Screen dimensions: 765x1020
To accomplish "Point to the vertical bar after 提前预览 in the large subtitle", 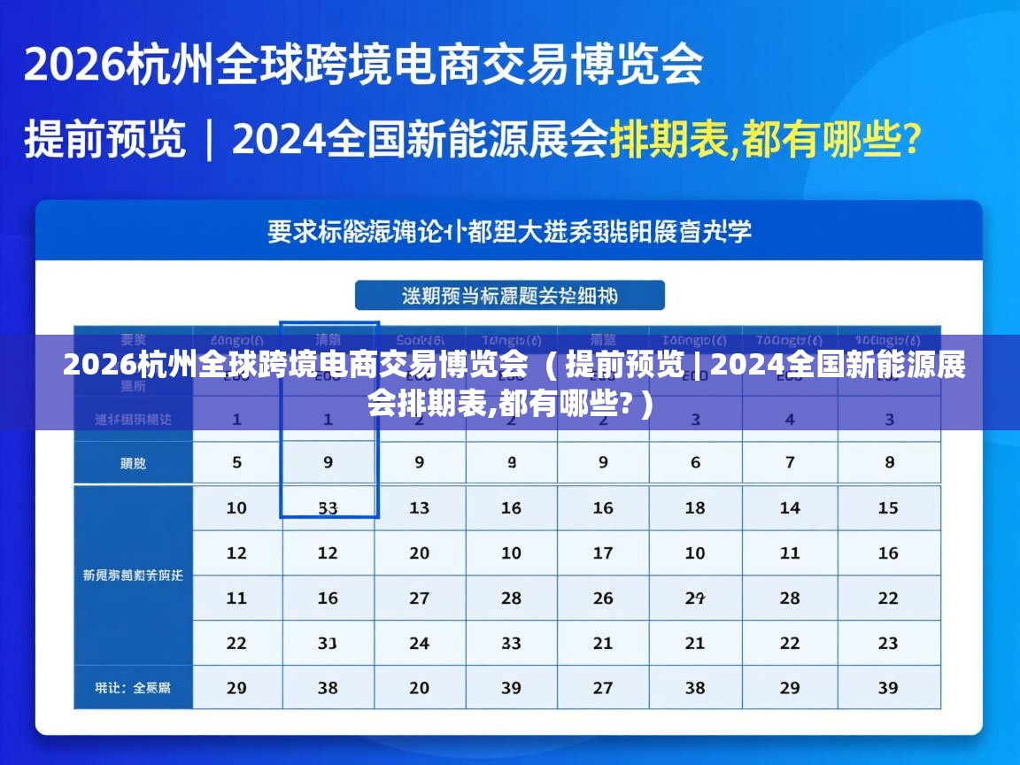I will coord(209,140).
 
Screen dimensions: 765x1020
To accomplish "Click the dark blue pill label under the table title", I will coord(509,296).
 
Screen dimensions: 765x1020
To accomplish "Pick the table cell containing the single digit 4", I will coord(790,419).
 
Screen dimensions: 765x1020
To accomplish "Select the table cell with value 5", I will coord(236,462).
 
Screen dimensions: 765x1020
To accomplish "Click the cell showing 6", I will coord(695,462).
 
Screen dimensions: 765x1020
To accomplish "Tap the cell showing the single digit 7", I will coord(790,462).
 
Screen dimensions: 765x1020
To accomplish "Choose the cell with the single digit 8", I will coord(889,462).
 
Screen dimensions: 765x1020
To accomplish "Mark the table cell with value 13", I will coord(420,508).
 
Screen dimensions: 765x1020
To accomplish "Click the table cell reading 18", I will coord(695,508).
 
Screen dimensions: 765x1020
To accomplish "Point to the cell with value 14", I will coord(790,508).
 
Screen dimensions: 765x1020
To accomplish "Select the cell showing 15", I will coord(889,508).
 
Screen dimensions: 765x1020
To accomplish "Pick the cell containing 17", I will coord(603,553).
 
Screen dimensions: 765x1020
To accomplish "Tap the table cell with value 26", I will coord(603,599).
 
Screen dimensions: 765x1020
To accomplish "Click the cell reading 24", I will coord(420,644).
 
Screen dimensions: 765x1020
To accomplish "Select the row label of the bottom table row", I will coord(133,688).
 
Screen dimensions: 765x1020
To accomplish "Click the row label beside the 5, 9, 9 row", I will coord(133,462).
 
